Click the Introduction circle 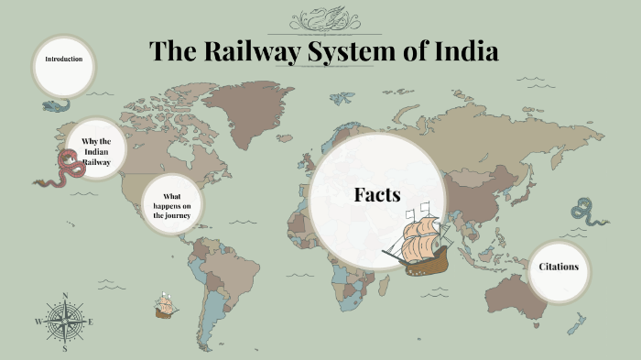coord(64,64)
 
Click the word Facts coord(377,194)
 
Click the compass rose coord(65,322)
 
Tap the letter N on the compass coord(65,296)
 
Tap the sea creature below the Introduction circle coord(55,105)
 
